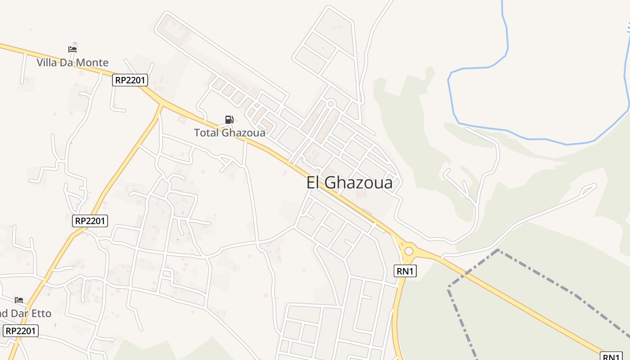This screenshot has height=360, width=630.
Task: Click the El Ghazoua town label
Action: (349, 183)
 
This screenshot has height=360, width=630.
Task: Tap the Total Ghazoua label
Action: (229, 133)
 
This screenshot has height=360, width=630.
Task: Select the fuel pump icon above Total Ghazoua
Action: (229, 120)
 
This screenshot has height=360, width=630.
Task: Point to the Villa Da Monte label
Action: (72, 62)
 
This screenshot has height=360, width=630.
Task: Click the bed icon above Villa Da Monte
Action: (72, 49)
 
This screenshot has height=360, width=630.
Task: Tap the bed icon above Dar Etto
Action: (19, 300)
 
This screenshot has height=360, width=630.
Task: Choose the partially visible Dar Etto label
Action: (25, 313)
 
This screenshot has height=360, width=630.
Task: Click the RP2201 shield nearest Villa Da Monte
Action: (130, 80)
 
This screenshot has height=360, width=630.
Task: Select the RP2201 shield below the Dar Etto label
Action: (21, 331)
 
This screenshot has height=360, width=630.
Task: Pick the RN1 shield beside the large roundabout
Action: (405, 270)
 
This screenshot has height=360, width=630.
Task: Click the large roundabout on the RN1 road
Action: (409, 251)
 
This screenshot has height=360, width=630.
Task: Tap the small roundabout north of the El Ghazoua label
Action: (331, 104)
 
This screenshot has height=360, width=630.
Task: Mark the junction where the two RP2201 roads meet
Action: (161, 105)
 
